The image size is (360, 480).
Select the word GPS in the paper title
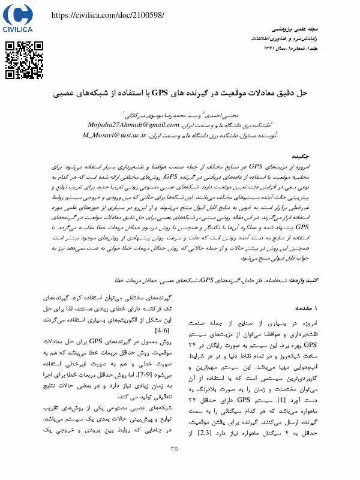160,93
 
